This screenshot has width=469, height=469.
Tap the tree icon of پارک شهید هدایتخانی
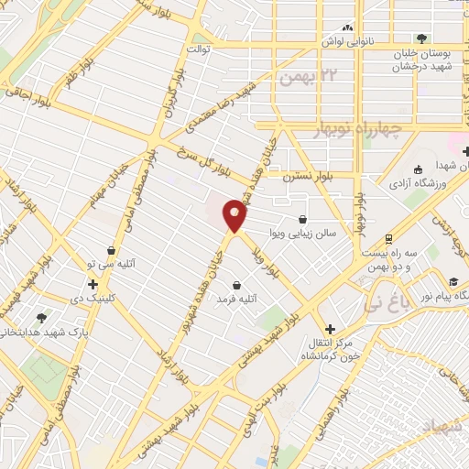pos(41,317)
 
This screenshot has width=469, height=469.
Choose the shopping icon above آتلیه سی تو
pos(111,249)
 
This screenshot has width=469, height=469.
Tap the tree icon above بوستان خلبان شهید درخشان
pos(421,38)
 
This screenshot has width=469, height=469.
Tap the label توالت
pos(199,47)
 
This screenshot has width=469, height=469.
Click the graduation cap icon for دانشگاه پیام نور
pos(452,279)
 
